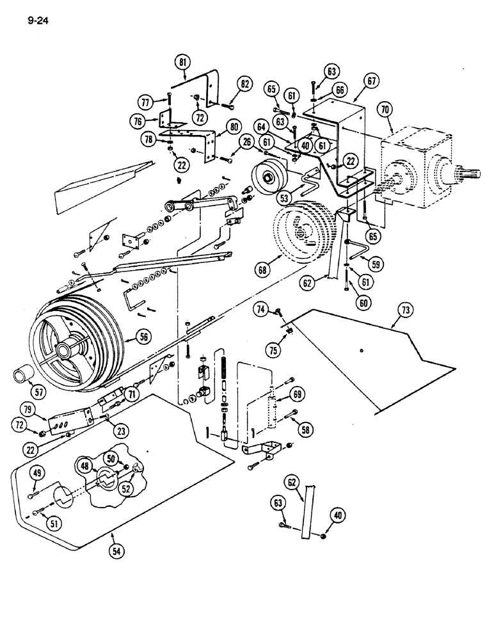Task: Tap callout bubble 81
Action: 184,63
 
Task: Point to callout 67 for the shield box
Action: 371,81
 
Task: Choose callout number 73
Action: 404,311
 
